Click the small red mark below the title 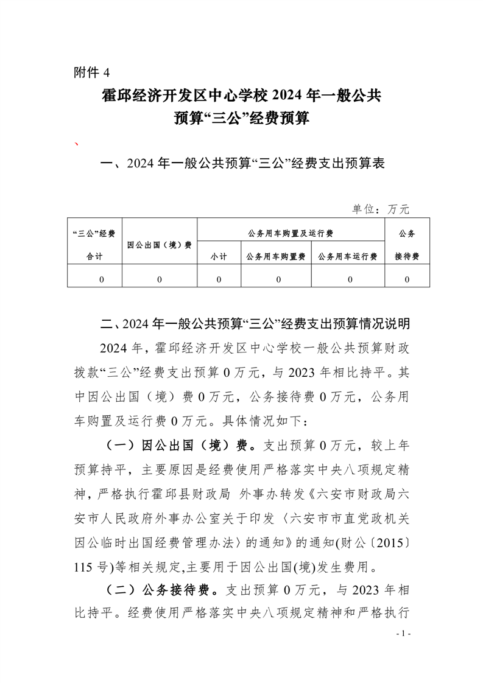coord(76,144)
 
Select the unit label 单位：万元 coord(381,209)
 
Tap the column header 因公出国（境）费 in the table coord(160,245)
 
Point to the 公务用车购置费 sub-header coord(276,257)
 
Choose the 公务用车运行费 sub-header coord(348,257)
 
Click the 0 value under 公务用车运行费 coord(350,279)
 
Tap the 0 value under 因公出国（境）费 coord(159,279)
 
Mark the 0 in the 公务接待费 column coord(407,279)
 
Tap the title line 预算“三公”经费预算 coord(241,118)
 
